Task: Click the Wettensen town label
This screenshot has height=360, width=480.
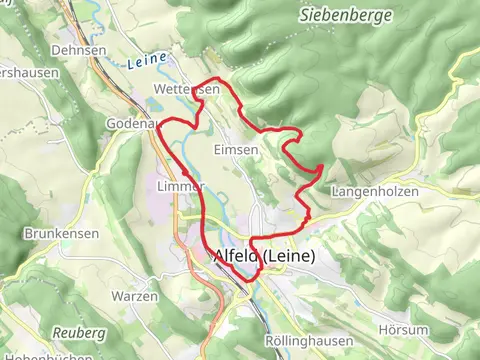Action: coord(186,90)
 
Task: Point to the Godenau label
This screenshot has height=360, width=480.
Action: coord(131,122)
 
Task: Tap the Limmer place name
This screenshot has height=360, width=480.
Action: coord(181,187)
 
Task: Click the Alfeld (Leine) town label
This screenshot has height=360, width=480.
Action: coord(264,257)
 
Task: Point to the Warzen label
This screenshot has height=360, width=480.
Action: coord(135,297)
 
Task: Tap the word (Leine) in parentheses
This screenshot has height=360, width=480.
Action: coord(291,257)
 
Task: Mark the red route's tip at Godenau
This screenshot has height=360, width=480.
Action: coord(158,127)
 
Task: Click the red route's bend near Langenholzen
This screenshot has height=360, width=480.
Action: coord(319,168)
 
